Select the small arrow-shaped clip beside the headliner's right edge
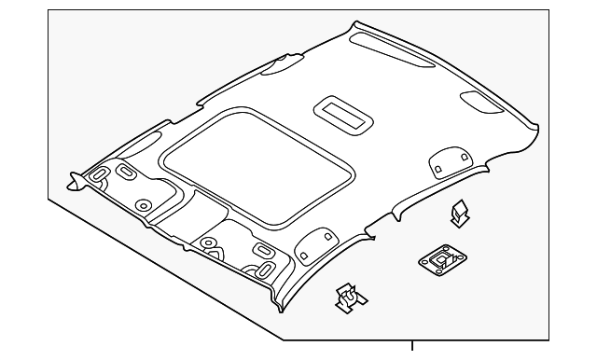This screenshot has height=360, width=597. pos(458,215)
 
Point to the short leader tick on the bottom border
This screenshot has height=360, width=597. pos(411,349)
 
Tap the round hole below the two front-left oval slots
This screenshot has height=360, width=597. pos(143,205)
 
